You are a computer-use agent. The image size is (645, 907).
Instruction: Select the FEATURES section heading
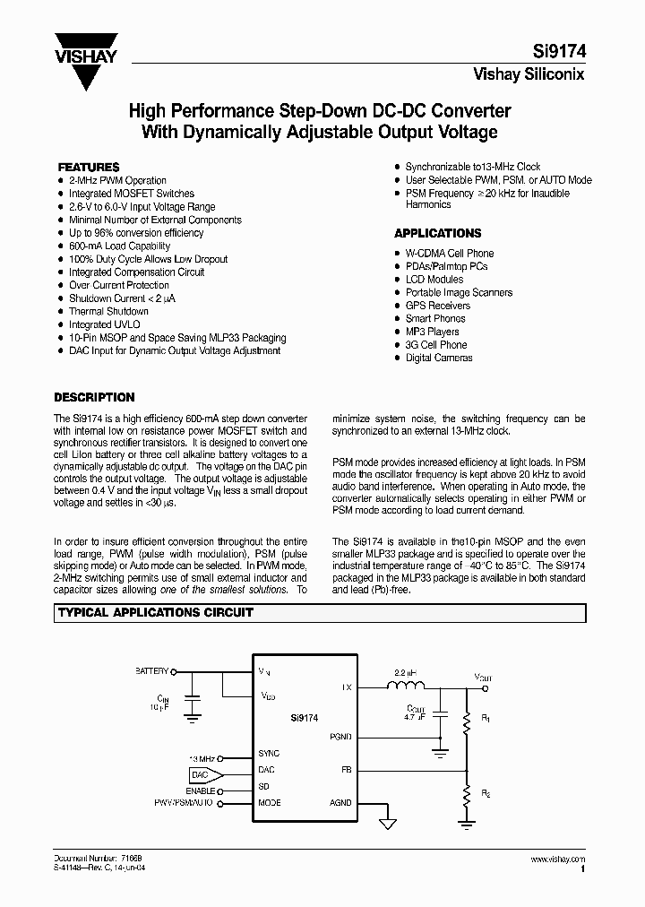pos(89,167)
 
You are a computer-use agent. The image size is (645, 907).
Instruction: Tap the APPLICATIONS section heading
pos(437,233)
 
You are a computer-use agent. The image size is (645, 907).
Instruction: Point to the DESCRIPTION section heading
pos(94,397)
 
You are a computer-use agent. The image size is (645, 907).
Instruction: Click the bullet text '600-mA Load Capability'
pos(119,246)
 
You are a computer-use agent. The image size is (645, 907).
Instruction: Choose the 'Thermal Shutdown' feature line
pos(108,311)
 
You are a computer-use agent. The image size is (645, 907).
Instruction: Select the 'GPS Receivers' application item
pos(439,306)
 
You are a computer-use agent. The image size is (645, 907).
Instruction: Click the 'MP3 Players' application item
pos(432,332)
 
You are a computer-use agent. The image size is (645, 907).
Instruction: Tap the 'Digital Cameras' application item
pos(439,358)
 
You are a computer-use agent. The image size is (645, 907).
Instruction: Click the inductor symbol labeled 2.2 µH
pos(406,687)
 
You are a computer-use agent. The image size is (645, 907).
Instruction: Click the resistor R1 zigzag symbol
pos(465,719)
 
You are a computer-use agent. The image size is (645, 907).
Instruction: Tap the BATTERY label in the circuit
pos(150,669)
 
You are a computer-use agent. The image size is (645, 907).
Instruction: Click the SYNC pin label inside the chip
pos(269,754)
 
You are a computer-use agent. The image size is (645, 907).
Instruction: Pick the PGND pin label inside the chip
pos(341,737)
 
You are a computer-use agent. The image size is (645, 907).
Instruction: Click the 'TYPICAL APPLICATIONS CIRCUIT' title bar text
pos(156,613)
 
